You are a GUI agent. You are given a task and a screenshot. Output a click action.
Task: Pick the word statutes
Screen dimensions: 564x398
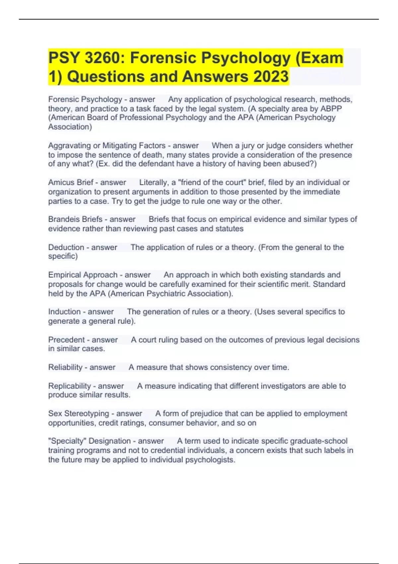point(230,229)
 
